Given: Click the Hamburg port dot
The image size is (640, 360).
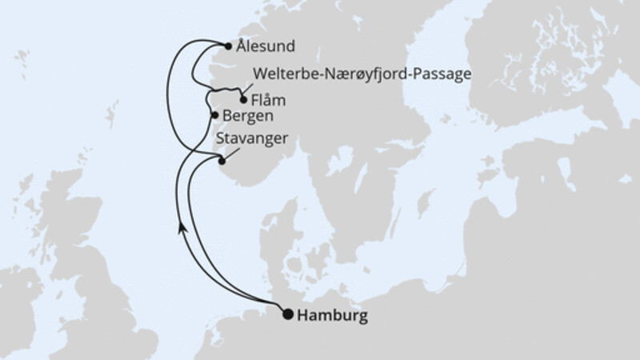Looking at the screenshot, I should [x=288, y=314].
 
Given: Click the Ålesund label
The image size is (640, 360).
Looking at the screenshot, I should [x=265, y=46].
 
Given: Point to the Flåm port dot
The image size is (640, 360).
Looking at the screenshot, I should [x=243, y=101].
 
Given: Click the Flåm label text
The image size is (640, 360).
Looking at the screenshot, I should [x=268, y=102].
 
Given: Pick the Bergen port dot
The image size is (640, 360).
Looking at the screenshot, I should [x=214, y=116].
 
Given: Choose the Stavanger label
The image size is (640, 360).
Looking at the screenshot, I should [x=252, y=140].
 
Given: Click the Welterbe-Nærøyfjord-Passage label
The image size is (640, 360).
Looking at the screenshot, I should [x=361, y=74].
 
